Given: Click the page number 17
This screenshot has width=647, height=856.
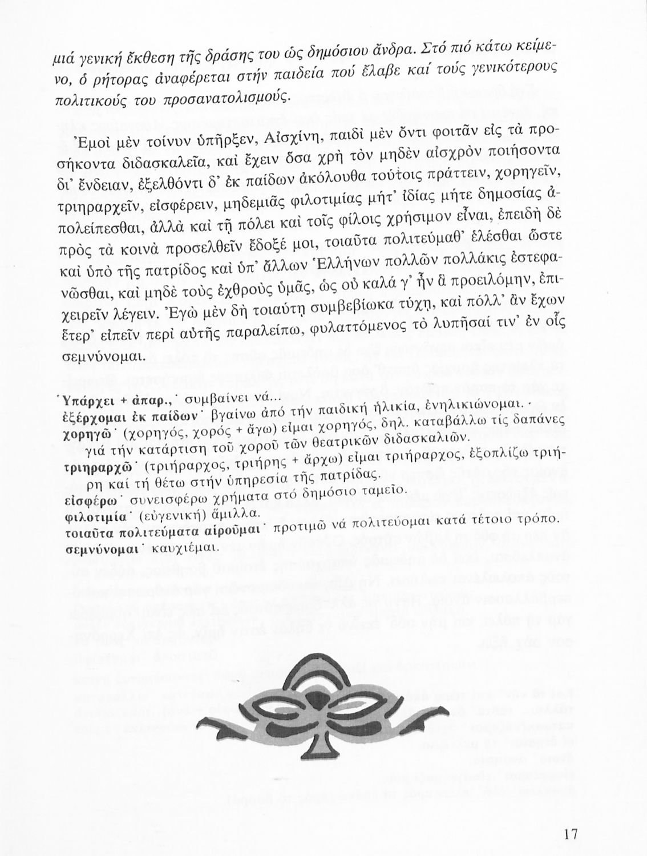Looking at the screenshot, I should (570, 834).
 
